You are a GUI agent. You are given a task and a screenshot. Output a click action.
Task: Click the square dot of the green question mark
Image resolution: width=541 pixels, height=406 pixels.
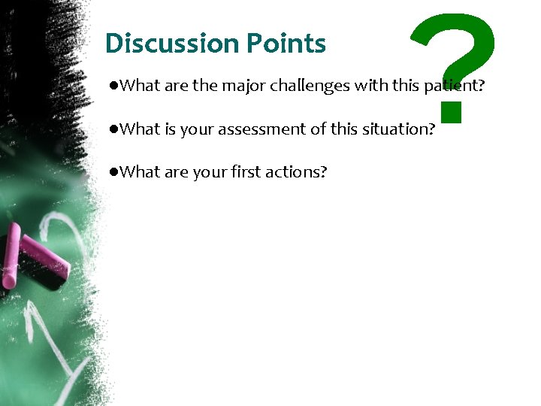tap(450, 111)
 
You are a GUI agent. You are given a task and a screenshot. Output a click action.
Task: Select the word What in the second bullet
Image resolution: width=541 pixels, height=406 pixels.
tap(139, 129)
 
